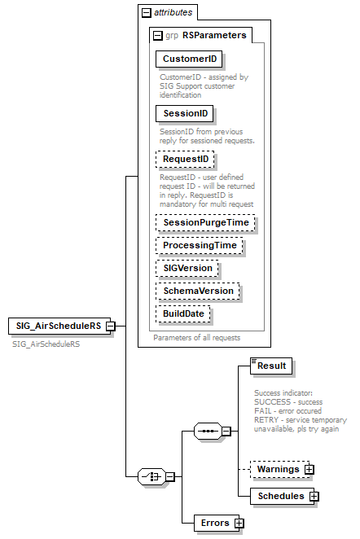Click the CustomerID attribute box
pos(189,59)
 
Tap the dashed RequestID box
pos(186,159)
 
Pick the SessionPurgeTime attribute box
pos(205,222)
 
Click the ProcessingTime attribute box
pos(200,245)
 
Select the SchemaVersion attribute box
pos(199,291)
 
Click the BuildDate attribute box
pos(185,313)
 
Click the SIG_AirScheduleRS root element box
pos(56,326)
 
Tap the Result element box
pos(270,366)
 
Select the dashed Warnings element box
pos(272,470)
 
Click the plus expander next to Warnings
pos(310,470)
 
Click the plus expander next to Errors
pos(239,523)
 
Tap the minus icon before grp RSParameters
pos(157,36)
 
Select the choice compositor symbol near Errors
pos(151,475)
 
